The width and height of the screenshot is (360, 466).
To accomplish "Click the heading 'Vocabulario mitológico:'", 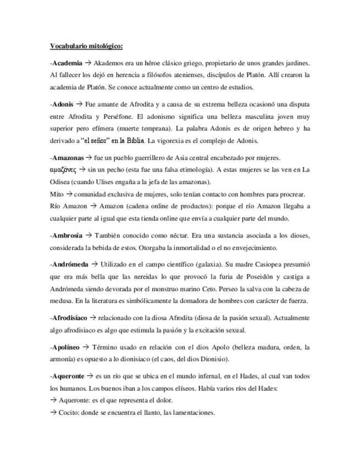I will coord(87,46).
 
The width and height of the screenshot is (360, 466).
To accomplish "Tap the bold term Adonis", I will coord(62,104).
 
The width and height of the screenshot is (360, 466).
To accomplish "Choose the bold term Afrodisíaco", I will coord(71,318).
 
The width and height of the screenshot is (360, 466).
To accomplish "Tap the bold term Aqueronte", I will coord(69,376).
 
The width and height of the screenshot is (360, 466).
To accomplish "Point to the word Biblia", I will coord(134,142).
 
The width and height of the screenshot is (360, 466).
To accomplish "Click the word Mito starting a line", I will coord(56,195).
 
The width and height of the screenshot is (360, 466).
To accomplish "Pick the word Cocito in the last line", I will coord(69,413).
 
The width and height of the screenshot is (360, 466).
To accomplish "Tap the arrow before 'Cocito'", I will coord(53,413).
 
